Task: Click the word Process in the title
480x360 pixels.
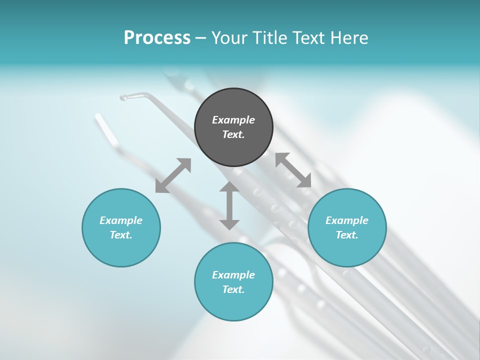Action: [157, 38]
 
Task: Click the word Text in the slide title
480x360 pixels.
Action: [309, 38]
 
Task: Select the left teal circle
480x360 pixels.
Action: [121, 250]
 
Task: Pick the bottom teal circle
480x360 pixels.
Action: [233, 305]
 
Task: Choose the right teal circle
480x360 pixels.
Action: [347, 250]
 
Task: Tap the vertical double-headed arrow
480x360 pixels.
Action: [229, 205]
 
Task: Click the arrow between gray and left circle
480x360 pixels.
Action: [173, 175]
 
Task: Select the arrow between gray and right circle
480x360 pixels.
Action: [293, 170]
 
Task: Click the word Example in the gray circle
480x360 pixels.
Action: [233, 120]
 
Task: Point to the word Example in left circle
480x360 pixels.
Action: [121, 220]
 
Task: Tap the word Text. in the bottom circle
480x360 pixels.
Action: [233, 289]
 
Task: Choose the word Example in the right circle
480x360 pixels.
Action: [347, 220]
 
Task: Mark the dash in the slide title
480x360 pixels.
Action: [200, 38]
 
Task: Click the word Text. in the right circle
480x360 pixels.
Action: [347, 235]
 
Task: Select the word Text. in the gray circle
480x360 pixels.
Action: [233, 134]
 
